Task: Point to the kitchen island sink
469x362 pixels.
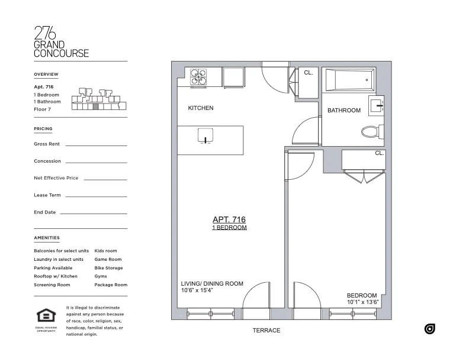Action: [204, 137]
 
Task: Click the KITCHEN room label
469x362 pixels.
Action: [201, 108]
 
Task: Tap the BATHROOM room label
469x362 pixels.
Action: [344, 111]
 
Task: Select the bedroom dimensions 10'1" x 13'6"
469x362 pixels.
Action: [363, 302]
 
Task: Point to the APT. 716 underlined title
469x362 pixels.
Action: [229, 219]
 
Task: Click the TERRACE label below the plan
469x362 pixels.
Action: [266, 331]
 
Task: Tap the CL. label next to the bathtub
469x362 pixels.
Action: [308, 73]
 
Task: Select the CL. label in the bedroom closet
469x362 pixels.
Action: [379, 153]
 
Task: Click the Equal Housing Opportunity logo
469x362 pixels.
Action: [46, 318]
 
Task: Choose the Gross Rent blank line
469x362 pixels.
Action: [96, 145]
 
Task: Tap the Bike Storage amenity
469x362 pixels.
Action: [108, 268]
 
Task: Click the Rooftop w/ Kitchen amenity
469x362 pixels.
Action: [56, 276]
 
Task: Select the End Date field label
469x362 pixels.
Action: [45, 212]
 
